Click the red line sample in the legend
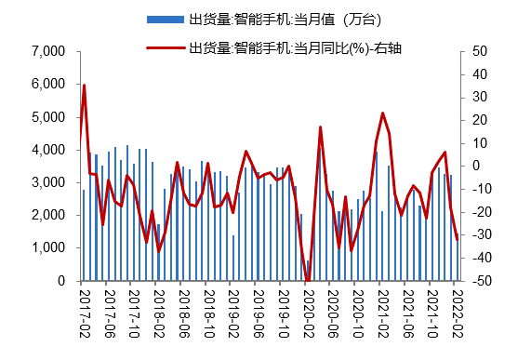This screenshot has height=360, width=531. (x=165, y=47)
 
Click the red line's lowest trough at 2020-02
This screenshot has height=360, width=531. (x=308, y=280)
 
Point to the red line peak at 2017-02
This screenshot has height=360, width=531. (x=85, y=86)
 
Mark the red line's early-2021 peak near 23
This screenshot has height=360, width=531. (x=382, y=113)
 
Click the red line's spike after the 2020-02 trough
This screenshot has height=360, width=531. (x=320, y=127)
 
